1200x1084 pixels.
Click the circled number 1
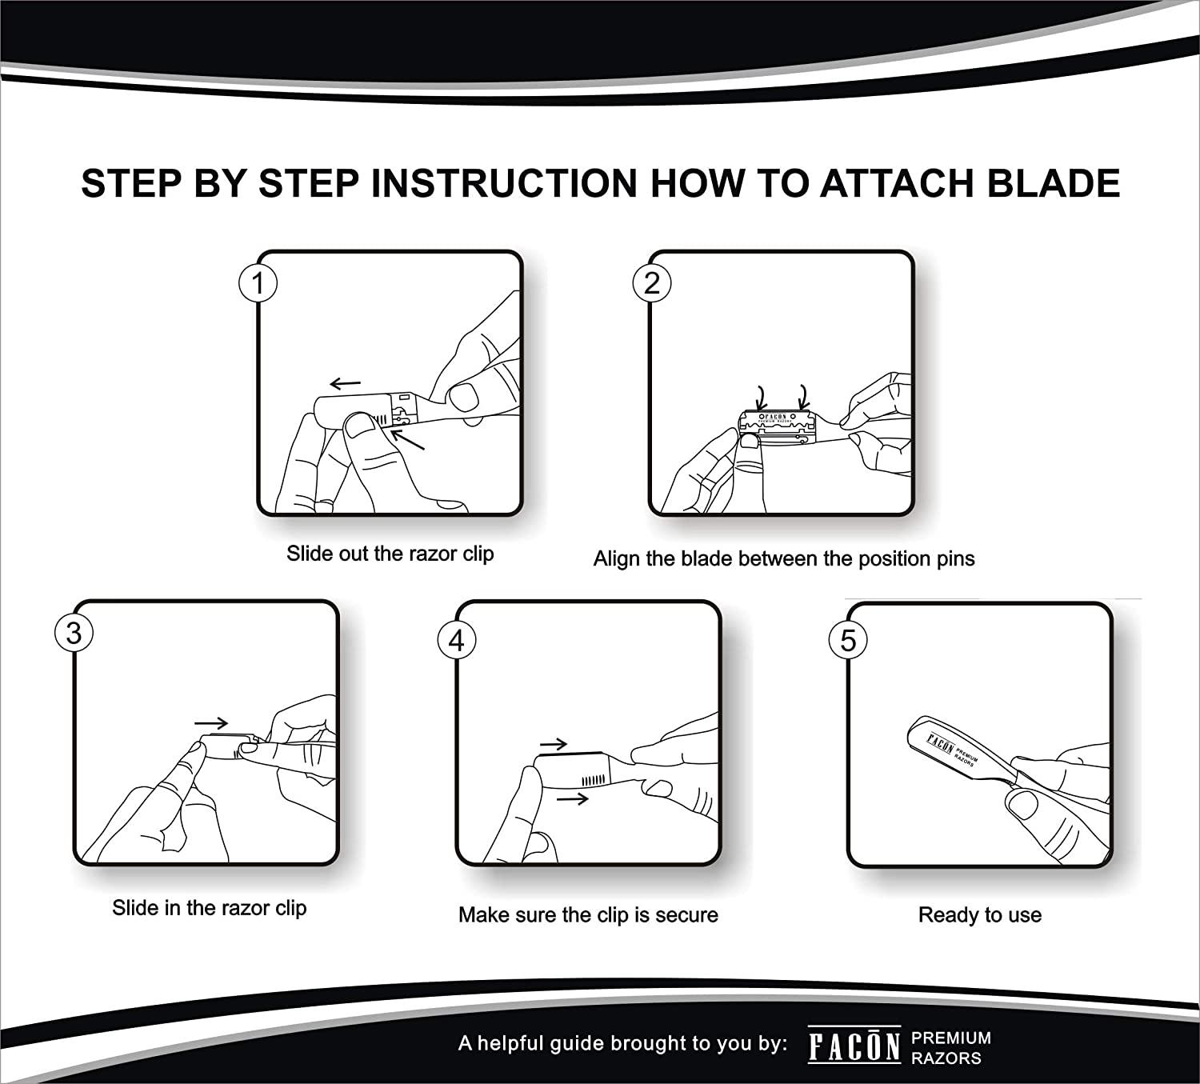[x=258, y=283]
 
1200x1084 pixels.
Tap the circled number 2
[x=651, y=283]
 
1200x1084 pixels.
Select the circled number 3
[x=74, y=633]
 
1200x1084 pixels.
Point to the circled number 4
[x=457, y=640]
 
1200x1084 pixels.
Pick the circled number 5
[x=848, y=640]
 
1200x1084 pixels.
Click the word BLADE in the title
[x=1053, y=183]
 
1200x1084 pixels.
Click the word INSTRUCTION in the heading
[x=504, y=183]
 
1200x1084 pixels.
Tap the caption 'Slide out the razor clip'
[x=390, y=554]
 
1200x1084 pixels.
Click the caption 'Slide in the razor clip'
[x=210, y=907]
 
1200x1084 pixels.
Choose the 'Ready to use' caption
[x=980, y=914]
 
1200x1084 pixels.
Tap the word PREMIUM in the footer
[x=951, y=1038]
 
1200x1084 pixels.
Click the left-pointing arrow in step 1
[x=345, y=383]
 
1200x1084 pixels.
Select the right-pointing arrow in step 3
[x=211, y=723]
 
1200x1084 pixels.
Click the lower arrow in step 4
[x=573, y=798]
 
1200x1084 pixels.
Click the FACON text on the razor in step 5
[x=940, y=744]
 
